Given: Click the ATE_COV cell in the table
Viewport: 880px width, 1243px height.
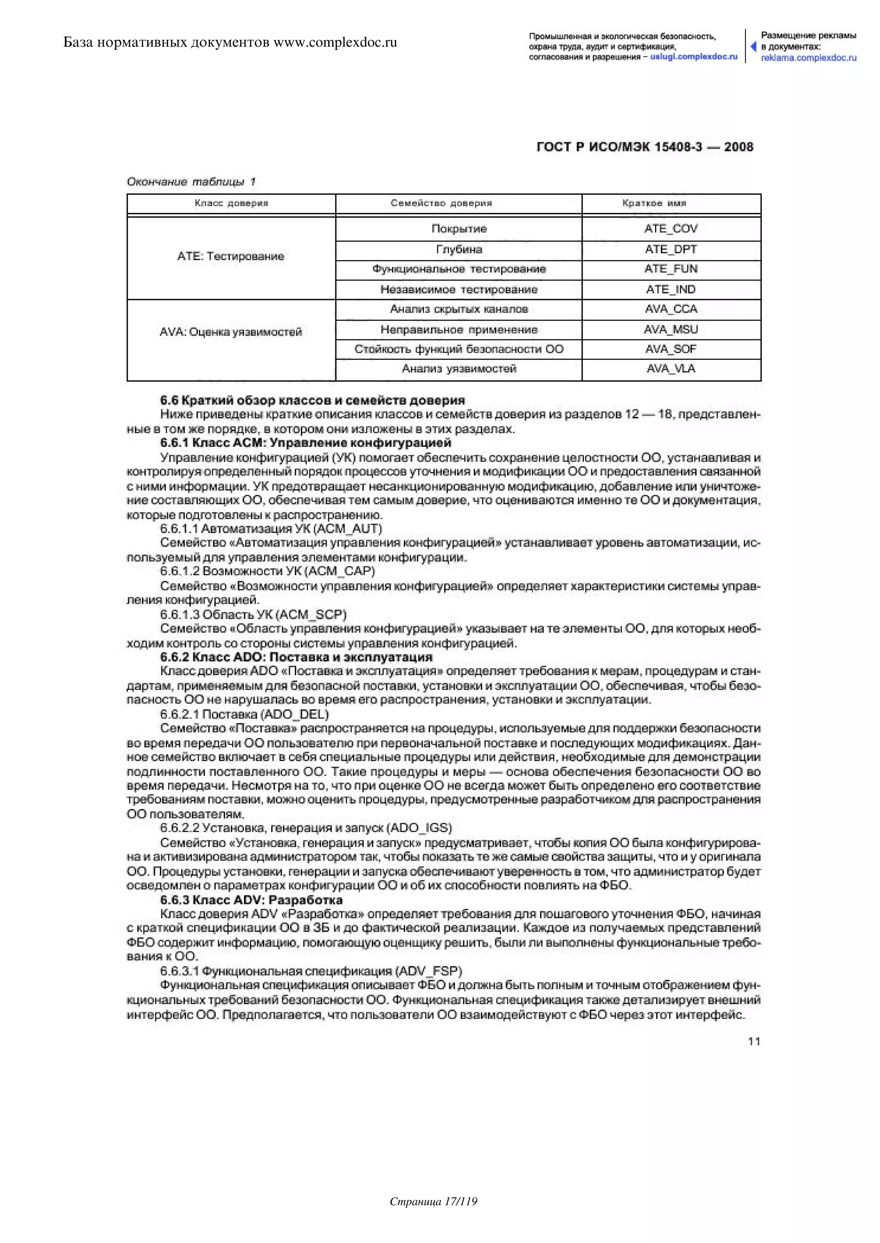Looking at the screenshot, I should point(671,228).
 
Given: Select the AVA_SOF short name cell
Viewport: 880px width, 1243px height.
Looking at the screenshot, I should point(671,349).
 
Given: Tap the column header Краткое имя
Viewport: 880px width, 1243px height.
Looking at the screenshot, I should point(654,203).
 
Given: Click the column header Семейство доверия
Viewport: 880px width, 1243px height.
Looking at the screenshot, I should point(441,203).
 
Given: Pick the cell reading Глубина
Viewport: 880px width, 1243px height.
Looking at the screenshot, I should point(459,249).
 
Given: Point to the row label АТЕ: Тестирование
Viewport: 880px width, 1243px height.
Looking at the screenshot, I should point(231,257).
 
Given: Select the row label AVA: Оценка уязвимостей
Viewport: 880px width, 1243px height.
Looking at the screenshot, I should point(231,332).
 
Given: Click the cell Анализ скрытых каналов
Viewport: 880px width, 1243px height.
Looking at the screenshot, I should point(459,309).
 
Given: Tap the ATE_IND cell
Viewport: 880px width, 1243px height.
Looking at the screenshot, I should point(671,290).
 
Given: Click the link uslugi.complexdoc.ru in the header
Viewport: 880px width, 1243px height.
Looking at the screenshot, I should point(694,57).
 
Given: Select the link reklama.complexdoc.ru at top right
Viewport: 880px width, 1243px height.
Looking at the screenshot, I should point(809,58).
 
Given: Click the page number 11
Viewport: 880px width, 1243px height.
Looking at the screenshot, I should point(754,1041).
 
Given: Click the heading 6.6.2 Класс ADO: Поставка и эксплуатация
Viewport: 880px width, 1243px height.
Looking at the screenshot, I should point(296,657).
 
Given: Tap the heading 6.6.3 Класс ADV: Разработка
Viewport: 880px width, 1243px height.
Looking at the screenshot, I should point(251,900).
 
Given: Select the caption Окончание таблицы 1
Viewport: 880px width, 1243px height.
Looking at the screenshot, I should point(191,182).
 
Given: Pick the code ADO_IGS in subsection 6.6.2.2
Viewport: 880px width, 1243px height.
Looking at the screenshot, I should point(421,828).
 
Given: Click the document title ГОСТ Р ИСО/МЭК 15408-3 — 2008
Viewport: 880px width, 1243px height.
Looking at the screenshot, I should point(645,147).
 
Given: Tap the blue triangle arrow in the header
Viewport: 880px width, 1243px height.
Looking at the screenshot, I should point(753,46).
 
